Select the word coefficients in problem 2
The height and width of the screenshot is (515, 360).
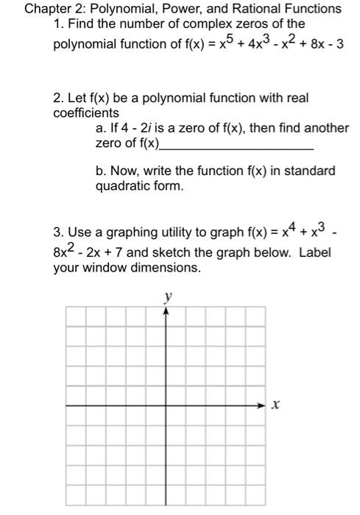(86, 113)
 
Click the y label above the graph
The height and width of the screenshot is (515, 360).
(168, 297)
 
